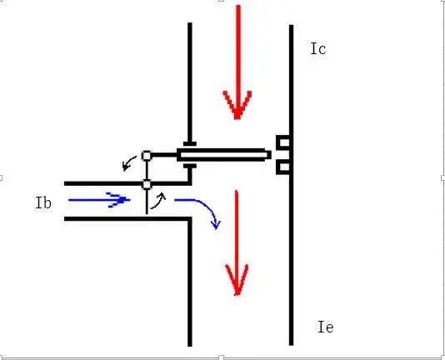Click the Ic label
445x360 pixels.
point(318,48)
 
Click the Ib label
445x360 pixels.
point(43,203)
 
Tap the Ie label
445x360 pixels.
point(326,327)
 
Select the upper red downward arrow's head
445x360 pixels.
point(237,105)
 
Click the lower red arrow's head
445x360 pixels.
point(237,280)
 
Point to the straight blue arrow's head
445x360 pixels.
point(118,200)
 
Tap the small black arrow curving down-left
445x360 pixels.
point(128,163)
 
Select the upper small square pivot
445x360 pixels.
point(147,156)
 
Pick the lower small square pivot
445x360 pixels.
point(147,184)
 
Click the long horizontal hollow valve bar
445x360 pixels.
point(223,155)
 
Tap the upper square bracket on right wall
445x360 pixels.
point(283,142)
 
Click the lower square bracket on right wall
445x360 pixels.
point(283,167)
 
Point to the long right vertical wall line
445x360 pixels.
point(291,185)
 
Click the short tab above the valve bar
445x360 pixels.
point(190,143)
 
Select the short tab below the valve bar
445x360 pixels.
point(190,166)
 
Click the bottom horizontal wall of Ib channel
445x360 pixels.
point(127,218)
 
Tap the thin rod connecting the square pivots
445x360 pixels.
point(147,170)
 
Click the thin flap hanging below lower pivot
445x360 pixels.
point(147,202)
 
